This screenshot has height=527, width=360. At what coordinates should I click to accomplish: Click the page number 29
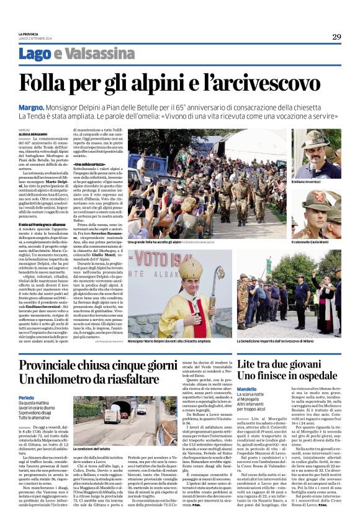336,37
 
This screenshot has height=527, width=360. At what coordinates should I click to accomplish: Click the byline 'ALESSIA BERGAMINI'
32,133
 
